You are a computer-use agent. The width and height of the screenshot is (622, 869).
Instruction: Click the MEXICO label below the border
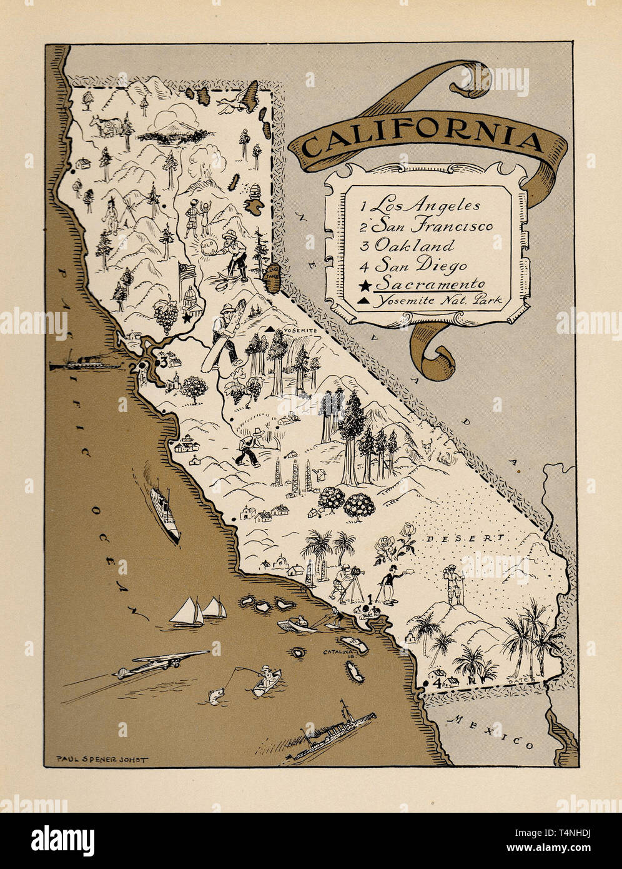click(493, 732)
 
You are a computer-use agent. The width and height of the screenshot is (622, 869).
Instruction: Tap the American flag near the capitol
click(187, 273)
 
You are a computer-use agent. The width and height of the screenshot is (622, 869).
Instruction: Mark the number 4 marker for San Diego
click(438, 683)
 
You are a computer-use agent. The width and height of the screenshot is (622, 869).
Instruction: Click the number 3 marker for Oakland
click(163, 362)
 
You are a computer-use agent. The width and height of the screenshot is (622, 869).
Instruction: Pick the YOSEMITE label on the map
click(300, 329)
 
